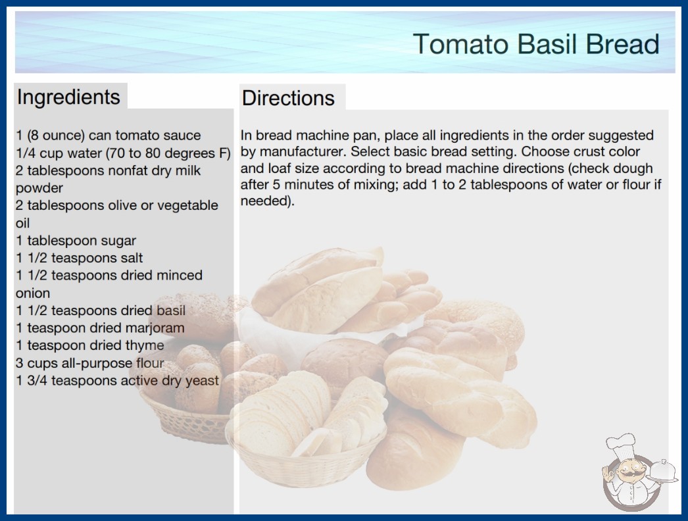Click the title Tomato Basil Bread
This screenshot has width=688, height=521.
[x=536, y=44]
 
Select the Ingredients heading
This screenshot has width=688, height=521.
[x=68, y=97]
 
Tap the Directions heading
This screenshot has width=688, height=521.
[x=288, y=98]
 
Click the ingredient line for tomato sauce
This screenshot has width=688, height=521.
[x=109, y=136]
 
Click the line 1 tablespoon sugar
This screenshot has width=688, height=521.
[x=76, y=241]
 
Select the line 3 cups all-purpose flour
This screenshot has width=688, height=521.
[x=90, y=363]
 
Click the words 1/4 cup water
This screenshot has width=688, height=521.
[x=59, y=153]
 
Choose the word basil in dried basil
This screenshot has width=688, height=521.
[x=171, y=310]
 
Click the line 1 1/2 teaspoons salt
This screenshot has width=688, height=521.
[x=80, y=258]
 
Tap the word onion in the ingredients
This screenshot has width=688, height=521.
[x=33, y=293]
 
